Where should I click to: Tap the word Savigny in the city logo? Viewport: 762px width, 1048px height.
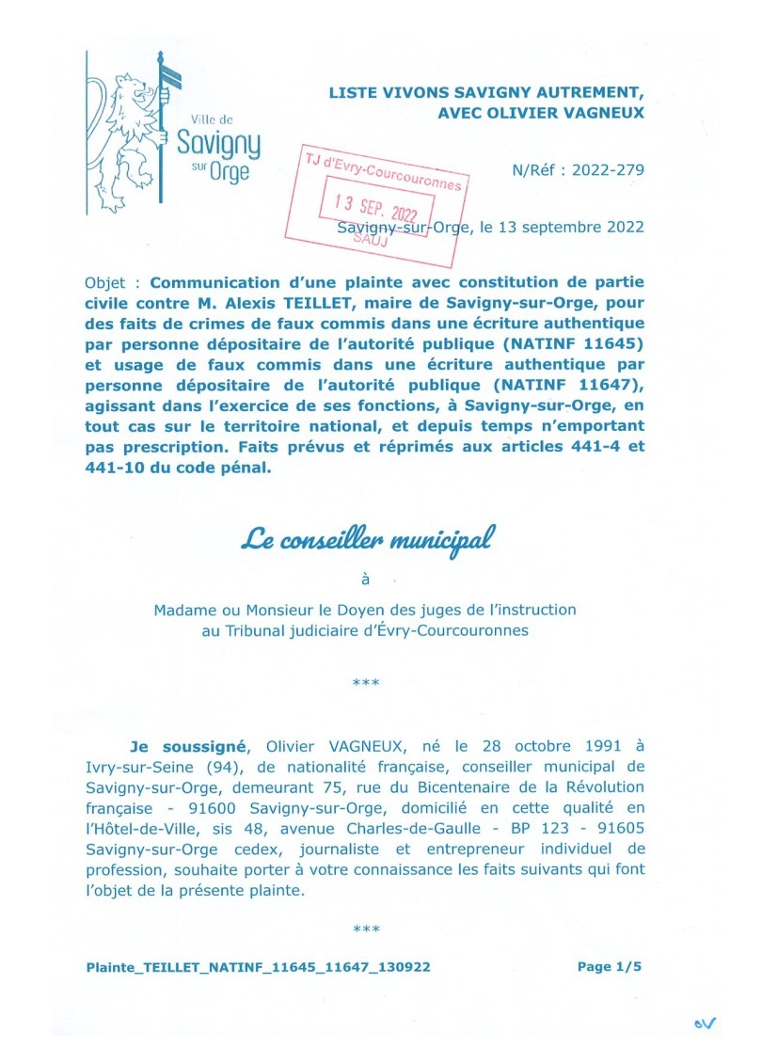pos(219,147)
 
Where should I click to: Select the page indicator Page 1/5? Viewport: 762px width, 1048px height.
pos(608,966)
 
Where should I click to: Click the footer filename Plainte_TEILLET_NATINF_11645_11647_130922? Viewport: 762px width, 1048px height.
pos(258,966)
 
